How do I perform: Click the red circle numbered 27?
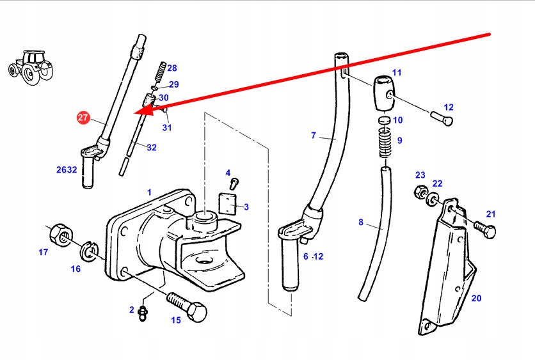(x=83, y=118)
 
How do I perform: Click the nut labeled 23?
(x=422, y=191)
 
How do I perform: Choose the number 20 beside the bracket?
(x=476, y=298)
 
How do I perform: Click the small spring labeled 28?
(x=163, y=67)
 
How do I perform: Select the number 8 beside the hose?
(x=361, y=223)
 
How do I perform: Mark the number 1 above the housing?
(x=149, y=192)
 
